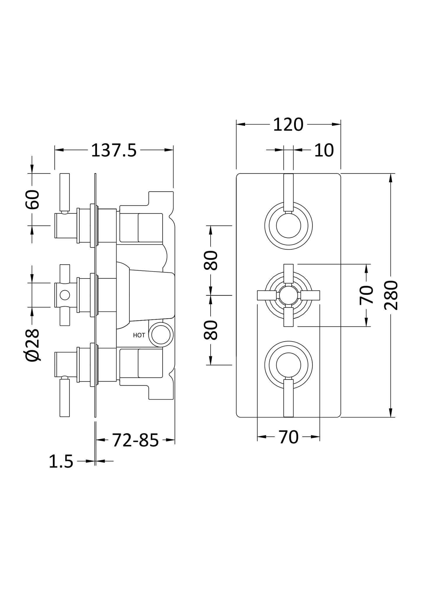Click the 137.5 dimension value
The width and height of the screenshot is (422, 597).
[x=114, y=151]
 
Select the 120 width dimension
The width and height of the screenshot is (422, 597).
[x=288, y=125]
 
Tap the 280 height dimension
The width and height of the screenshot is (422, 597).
[x=391, y=295]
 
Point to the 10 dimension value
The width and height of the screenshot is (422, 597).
[x=324, y=151]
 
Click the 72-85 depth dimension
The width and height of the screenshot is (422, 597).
[x=135, y=440]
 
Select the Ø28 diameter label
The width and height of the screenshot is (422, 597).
[x=32, y=345]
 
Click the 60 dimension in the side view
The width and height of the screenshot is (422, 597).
[x=32, y=199]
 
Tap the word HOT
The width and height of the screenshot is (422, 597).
[x=139, y=335]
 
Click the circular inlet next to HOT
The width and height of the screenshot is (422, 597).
[x=161, y=335]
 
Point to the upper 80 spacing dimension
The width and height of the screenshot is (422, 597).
[x=211, y=260]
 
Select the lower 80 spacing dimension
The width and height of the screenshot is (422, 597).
[x=211, y=330]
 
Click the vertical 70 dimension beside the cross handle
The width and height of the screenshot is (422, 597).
[x=366, y=295]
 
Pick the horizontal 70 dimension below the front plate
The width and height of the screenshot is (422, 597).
[x=289, y=437]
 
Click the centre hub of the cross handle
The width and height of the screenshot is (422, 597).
[x=288, y=295]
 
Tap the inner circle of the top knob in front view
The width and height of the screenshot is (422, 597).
[x=288, y=226]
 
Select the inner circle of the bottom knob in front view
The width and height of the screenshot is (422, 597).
[x=288, y=365]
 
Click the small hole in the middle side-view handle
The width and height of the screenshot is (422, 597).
[x=65, y=295]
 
